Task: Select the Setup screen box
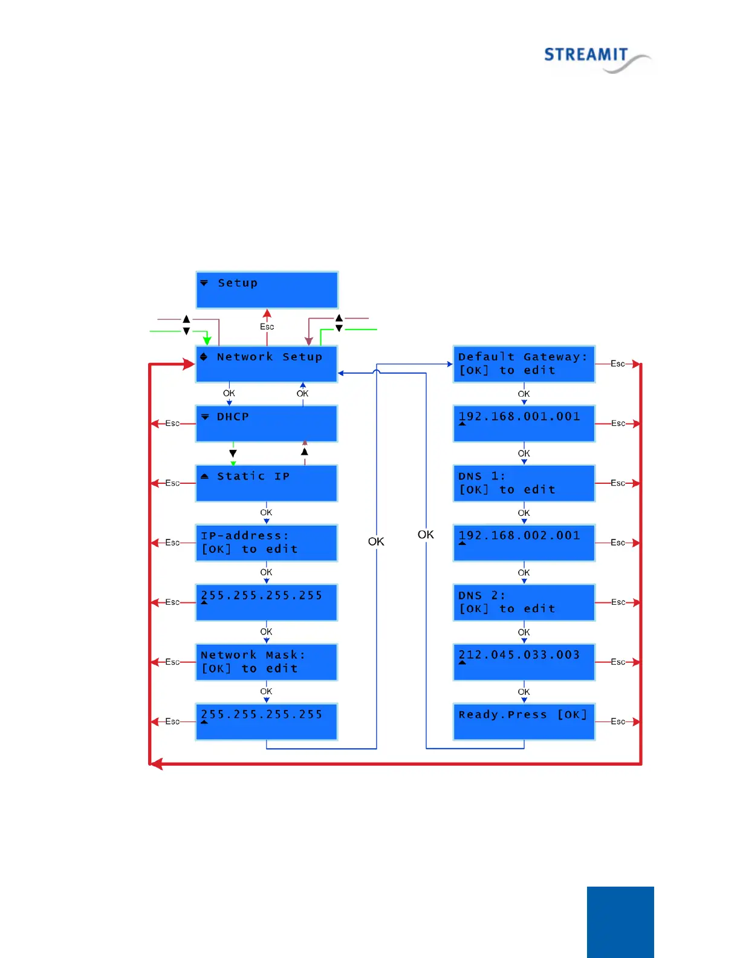pos(267,290)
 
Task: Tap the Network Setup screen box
pos(267,363)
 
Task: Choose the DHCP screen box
pos(267,423)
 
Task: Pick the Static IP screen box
pos(267,483)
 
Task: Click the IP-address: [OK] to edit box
pos(267,543)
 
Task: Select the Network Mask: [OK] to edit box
pos(267,662)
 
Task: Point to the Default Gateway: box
pos(524,363)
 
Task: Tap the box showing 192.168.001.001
pos(524,423)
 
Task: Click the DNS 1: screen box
pos(524,483)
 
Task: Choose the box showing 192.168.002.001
pos(524,543)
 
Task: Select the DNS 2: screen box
pos(524,602)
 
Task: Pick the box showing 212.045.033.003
pos(524,662)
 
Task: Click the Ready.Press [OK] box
pos(524,721)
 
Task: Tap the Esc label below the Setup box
pos(267,327)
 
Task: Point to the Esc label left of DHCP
pos(172,423)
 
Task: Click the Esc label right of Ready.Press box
pos(617,722)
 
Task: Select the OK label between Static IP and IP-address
pos(266,512)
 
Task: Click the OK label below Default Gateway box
pos(524,394)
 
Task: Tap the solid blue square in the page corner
pos(620,922)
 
